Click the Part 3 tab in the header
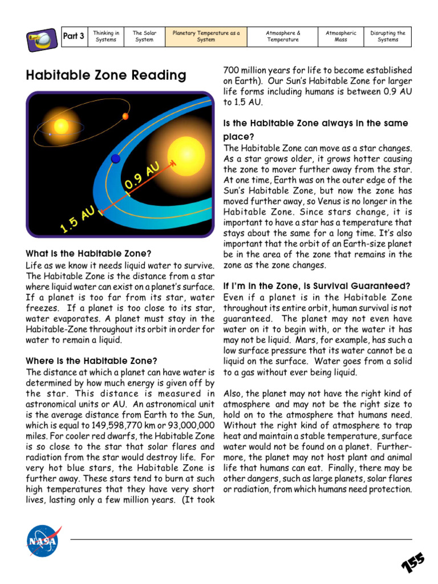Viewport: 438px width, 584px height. coord(74,36)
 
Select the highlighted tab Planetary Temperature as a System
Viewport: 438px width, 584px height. coord(206,36)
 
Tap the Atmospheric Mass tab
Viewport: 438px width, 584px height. coord(340,36)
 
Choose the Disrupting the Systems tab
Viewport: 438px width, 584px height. coord(388,36)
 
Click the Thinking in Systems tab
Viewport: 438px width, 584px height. coord(106,36)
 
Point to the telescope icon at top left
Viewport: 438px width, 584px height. coord(41,39)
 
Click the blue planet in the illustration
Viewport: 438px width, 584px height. coord(116,158)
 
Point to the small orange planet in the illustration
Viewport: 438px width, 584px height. coord(125,116)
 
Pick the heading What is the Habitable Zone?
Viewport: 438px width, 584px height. coord(88,254)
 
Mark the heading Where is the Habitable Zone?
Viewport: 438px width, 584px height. coord(91,360)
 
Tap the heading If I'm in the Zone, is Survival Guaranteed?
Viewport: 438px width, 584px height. coord(317,286)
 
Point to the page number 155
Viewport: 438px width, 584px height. coord(412,562)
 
